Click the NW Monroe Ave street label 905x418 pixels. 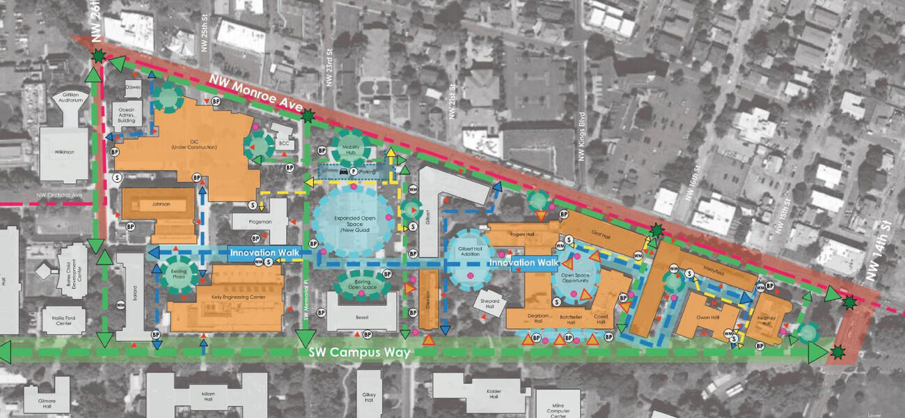click(x=257, y=95)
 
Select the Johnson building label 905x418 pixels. click(x=160, y=205)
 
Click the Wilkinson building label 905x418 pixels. click(x=64, y=153)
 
